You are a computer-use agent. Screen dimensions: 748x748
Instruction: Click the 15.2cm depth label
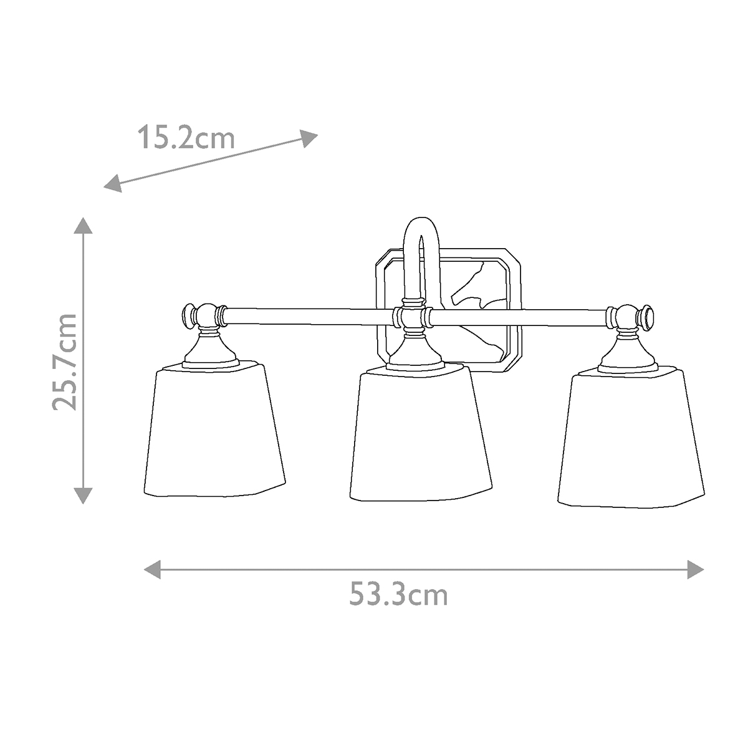(186, 137)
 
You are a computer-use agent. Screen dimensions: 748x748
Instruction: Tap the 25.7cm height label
(64, 362)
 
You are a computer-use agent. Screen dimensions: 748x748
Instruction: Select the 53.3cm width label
(398, 595)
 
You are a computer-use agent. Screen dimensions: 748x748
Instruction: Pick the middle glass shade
(420, 436)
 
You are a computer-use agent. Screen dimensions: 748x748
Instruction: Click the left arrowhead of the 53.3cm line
(152, 568)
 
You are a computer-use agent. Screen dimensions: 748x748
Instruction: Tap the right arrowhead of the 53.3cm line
(696, 568)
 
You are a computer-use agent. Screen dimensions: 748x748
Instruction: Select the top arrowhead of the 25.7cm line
(83, 225)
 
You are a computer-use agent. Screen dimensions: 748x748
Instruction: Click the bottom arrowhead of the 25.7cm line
(83, 496)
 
